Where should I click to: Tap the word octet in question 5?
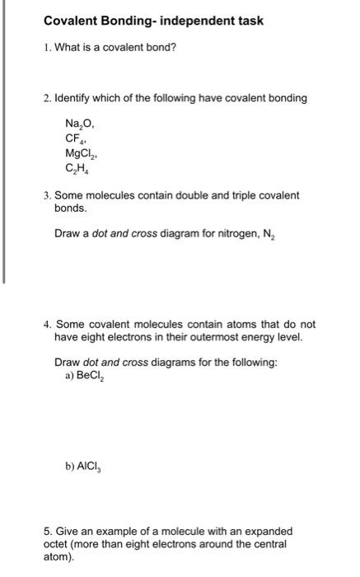(x=58, y=544)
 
